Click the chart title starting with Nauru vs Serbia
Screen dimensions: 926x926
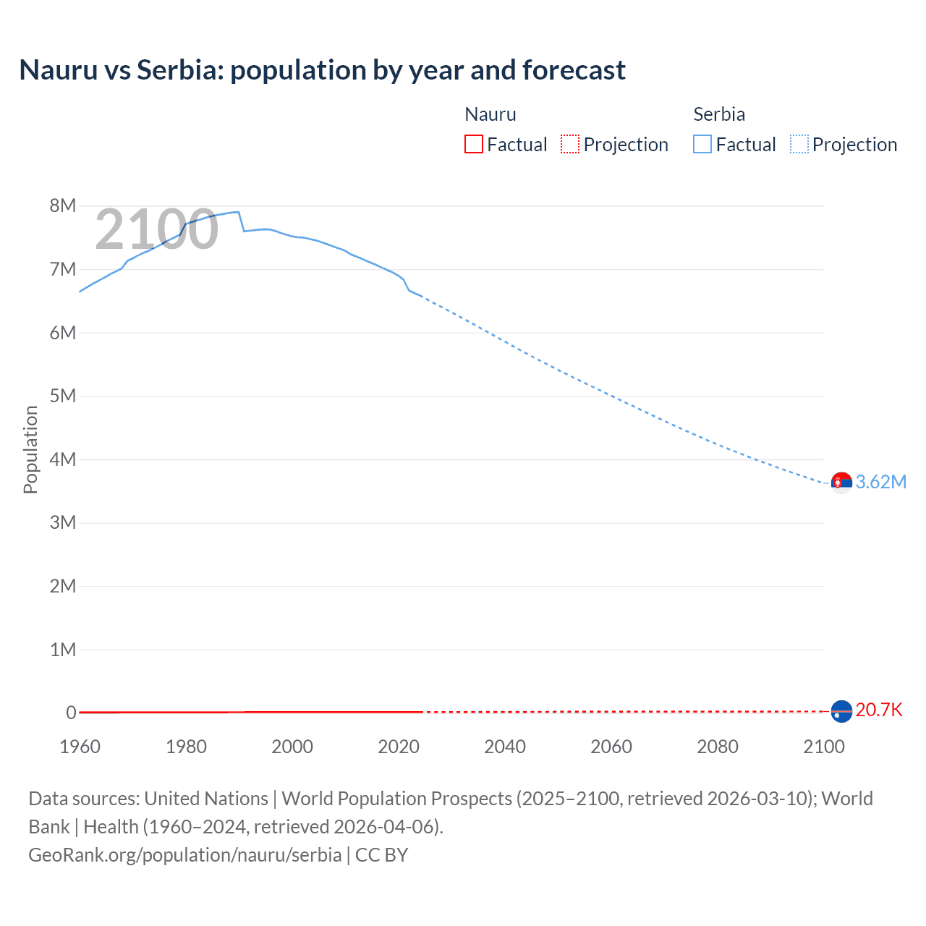point(322,70)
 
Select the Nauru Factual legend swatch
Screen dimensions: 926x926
point(473,144)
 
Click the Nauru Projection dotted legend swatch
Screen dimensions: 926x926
point(570,144)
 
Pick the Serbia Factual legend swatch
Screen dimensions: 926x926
point(702,144)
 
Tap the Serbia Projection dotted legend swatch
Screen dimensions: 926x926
point(799,144)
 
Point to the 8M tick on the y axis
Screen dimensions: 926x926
point(63,206)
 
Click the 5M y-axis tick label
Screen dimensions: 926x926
point(63,396)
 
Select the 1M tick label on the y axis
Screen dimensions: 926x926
point(63,650)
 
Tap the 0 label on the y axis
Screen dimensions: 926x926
point(71,713)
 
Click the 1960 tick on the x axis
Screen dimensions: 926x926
point(80,747)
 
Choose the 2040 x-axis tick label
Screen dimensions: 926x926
point(505,747)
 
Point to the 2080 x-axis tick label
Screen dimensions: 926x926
point(718,747)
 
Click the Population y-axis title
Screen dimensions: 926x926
point(30,449)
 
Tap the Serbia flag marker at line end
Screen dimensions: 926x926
point(841,483)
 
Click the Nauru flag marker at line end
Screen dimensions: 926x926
point(841,711)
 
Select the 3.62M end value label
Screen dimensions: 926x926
point(880,483)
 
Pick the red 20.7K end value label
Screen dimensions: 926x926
point(879,710)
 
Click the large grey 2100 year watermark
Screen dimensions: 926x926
point(156,229)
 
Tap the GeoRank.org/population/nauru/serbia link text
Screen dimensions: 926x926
point(184,855)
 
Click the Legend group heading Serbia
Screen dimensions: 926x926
point(718,114)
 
